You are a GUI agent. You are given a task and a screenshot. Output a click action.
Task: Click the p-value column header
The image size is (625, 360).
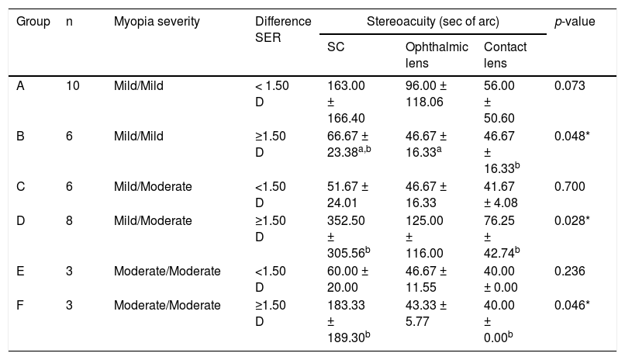click(575, 22)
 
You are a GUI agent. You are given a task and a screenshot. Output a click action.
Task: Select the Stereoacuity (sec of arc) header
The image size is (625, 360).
click(433, 22)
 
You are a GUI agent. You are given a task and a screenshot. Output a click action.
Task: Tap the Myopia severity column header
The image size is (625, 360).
click(157, 22)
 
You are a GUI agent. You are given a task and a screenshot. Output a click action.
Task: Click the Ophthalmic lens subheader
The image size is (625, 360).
click(437, 55)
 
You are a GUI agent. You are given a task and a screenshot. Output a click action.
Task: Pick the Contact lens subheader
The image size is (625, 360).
click(505, 55)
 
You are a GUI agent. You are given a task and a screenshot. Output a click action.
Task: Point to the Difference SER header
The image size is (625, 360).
click(283, 29)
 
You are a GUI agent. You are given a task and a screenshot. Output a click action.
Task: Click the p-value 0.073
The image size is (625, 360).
click(570, 85)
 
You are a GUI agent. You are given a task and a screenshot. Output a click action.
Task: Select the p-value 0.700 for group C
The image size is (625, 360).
click(570, 186)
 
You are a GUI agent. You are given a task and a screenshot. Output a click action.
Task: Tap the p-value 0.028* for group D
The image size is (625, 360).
click(572, 220)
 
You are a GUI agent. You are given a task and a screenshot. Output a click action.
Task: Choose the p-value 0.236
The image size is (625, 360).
click(570, 271)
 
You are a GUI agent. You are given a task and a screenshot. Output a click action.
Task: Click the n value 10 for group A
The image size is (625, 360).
click(73, 85)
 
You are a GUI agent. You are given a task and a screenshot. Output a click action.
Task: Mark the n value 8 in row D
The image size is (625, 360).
click(69, 220)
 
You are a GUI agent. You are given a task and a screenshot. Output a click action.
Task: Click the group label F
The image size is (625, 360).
click(20, 306)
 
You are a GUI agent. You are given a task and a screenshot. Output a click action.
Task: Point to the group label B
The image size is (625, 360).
click(20, 137)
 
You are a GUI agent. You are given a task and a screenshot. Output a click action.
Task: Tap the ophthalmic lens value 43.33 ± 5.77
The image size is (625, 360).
click(426, 313)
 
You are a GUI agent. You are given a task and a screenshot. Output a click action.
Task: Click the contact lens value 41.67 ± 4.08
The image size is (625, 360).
click(501, 195)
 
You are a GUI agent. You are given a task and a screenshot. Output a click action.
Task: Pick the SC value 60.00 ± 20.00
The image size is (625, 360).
click(347, 279)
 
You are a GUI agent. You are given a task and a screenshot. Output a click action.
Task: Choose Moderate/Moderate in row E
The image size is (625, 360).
click(167, 271)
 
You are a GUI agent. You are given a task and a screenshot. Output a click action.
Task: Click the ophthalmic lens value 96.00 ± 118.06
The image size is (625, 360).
click(426, 94)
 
